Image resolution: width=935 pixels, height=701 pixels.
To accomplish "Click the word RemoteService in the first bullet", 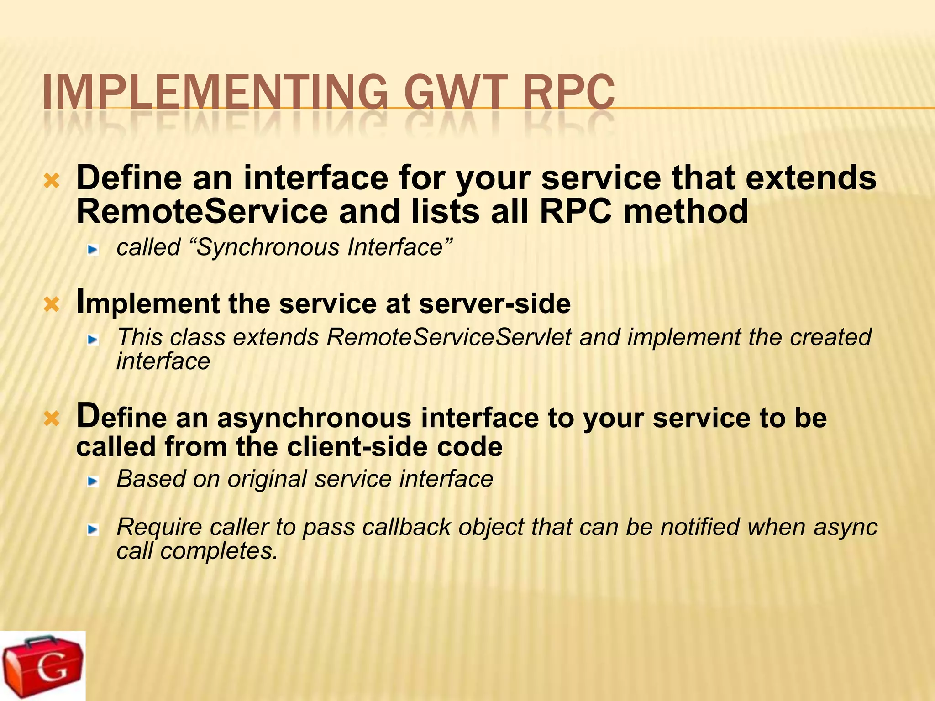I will (x=202, y=211).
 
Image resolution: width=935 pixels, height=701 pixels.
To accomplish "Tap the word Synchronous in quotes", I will (x=268, y=248).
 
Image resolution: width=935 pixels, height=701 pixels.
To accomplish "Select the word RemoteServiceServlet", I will (x=449, y=338).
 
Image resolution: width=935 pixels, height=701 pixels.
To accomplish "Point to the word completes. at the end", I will (x=219, y=551).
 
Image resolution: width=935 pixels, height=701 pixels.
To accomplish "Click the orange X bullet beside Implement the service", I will (x=52, y=304).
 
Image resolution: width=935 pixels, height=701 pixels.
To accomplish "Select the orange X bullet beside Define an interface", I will (x=52, y=181).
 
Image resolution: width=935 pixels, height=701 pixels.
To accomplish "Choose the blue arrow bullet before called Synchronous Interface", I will (x=94, y=250).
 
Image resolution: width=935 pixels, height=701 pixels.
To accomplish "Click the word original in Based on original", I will (x=267, y=479).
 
